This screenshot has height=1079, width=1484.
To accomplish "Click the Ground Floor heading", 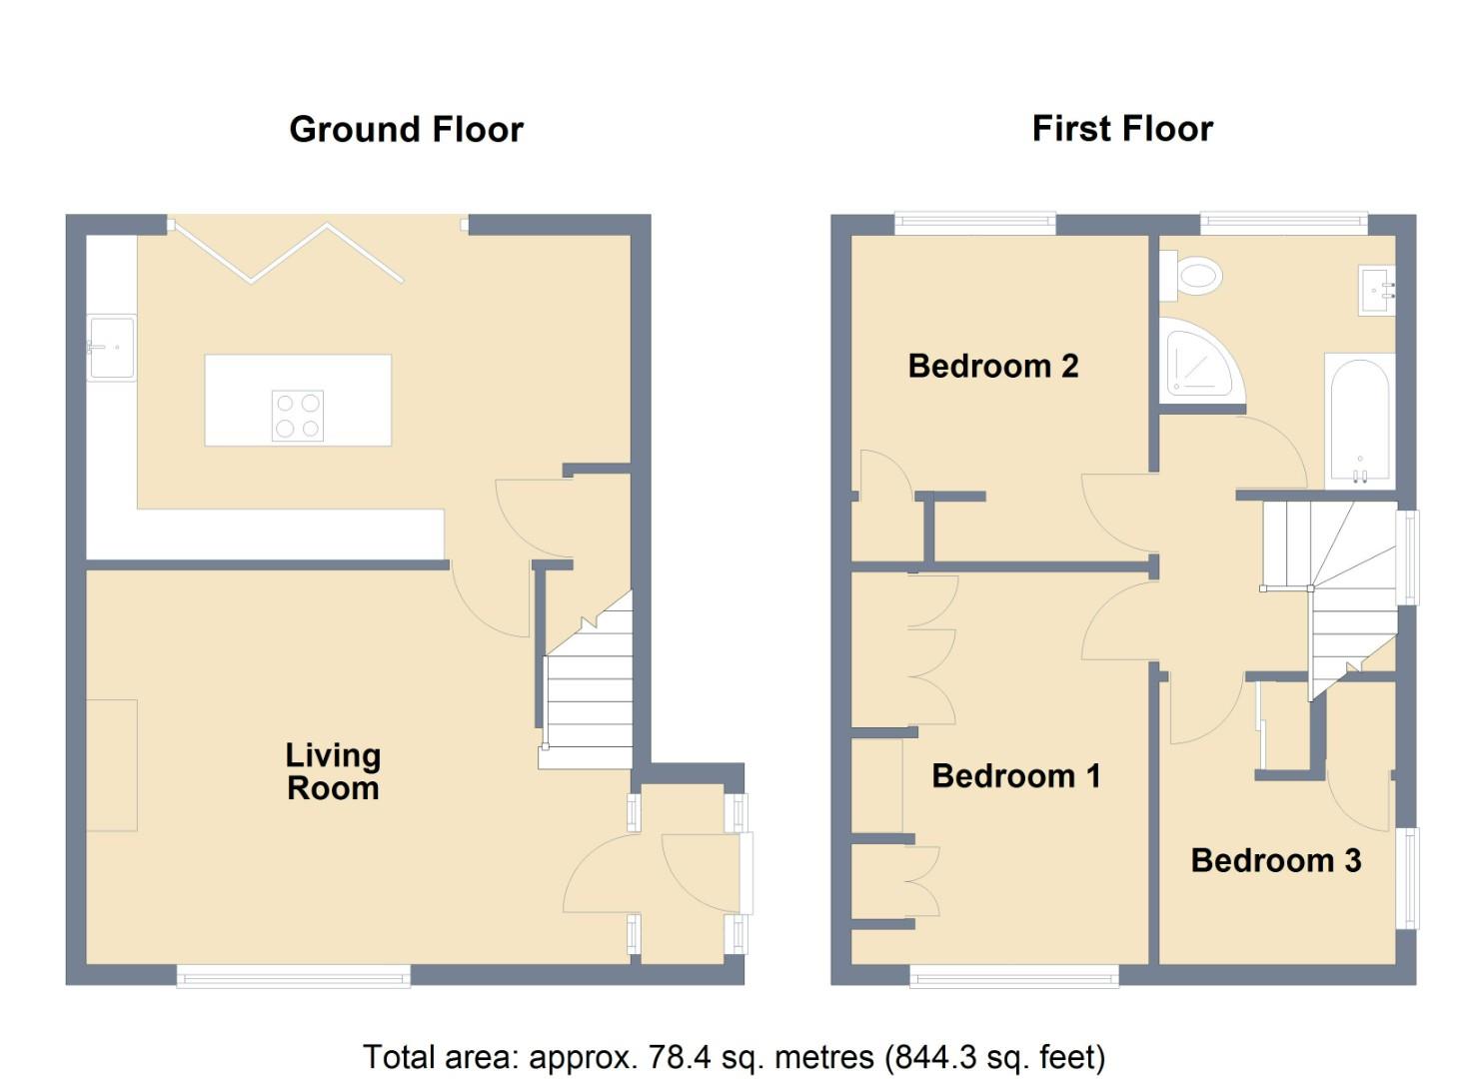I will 406,130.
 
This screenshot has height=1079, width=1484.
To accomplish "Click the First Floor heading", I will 1122,129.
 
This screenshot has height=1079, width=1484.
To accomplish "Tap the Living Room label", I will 333,772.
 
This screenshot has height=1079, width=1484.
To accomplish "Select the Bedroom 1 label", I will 1015,776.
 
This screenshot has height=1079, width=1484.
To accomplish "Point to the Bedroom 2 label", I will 992,367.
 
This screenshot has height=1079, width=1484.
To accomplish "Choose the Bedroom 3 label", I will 1275,860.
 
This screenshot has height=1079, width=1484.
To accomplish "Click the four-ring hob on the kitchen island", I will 298,416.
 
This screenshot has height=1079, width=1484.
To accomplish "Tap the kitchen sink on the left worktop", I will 111,348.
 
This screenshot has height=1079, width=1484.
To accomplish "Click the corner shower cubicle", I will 1199,361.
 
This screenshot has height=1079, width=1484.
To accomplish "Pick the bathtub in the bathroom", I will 1359,420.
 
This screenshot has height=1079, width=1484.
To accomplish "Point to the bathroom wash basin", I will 1377,291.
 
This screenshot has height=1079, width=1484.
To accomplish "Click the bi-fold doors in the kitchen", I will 289,255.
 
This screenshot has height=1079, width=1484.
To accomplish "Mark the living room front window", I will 293,975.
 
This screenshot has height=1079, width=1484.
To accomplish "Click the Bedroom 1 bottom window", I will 1013,975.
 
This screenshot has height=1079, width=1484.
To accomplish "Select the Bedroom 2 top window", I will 974,224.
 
